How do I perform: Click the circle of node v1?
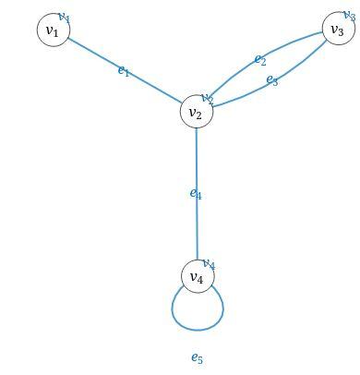coord(52,31)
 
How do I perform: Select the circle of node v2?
coord(196,113)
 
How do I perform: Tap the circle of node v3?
coord(337,30)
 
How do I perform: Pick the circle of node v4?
coord(197,276)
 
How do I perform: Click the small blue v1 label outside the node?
coord(64,17)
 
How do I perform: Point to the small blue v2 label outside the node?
coord(208,98)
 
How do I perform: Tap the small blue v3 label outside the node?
coord(349,16)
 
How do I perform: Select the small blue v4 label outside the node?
coord(209,264)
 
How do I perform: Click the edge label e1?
coord(124,70)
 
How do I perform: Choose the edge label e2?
coord(260,60)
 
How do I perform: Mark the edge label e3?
coord(272,80)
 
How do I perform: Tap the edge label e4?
coord(196,193)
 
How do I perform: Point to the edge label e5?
coord(197,357)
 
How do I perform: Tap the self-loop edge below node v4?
coord(197,328)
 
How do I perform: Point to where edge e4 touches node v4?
coord(197,260)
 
